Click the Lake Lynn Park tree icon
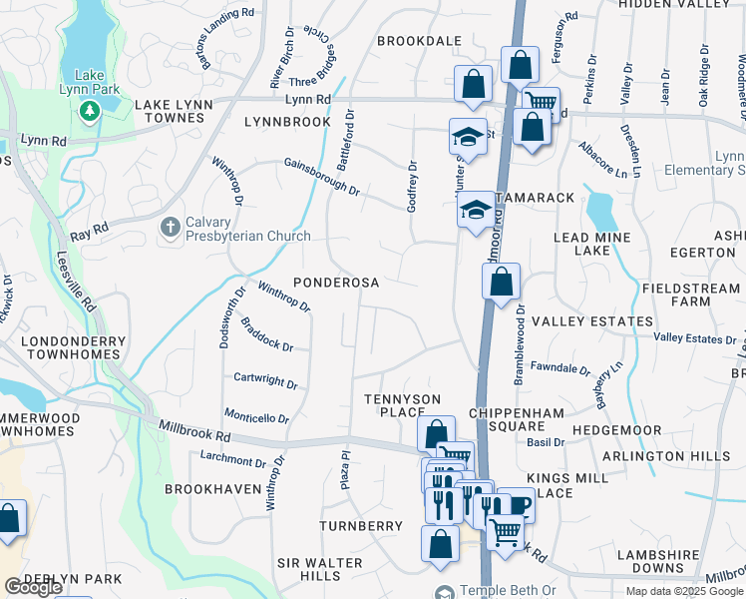(90, 109)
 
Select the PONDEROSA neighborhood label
(335, 283)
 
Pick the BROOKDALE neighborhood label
(419, 41)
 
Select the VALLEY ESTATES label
(591, 321)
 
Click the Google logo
(32, 587)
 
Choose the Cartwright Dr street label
(265, 381)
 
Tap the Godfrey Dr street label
(411, 186)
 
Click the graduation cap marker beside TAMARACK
(476, 211)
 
